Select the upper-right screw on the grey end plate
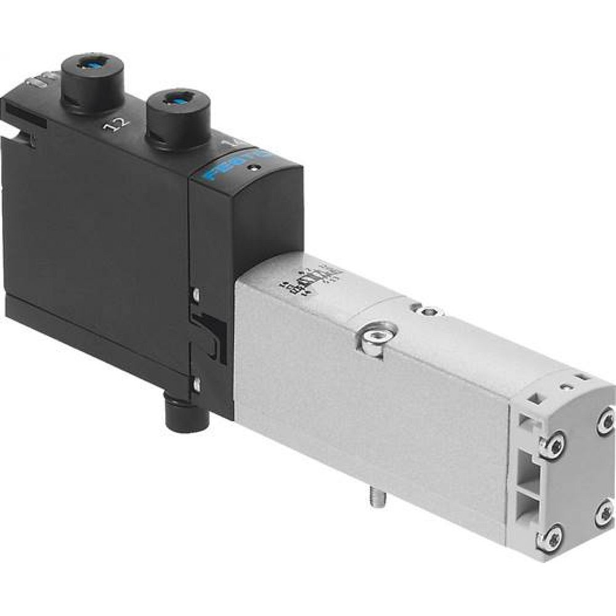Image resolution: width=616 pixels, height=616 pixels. [x=604, y=423]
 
